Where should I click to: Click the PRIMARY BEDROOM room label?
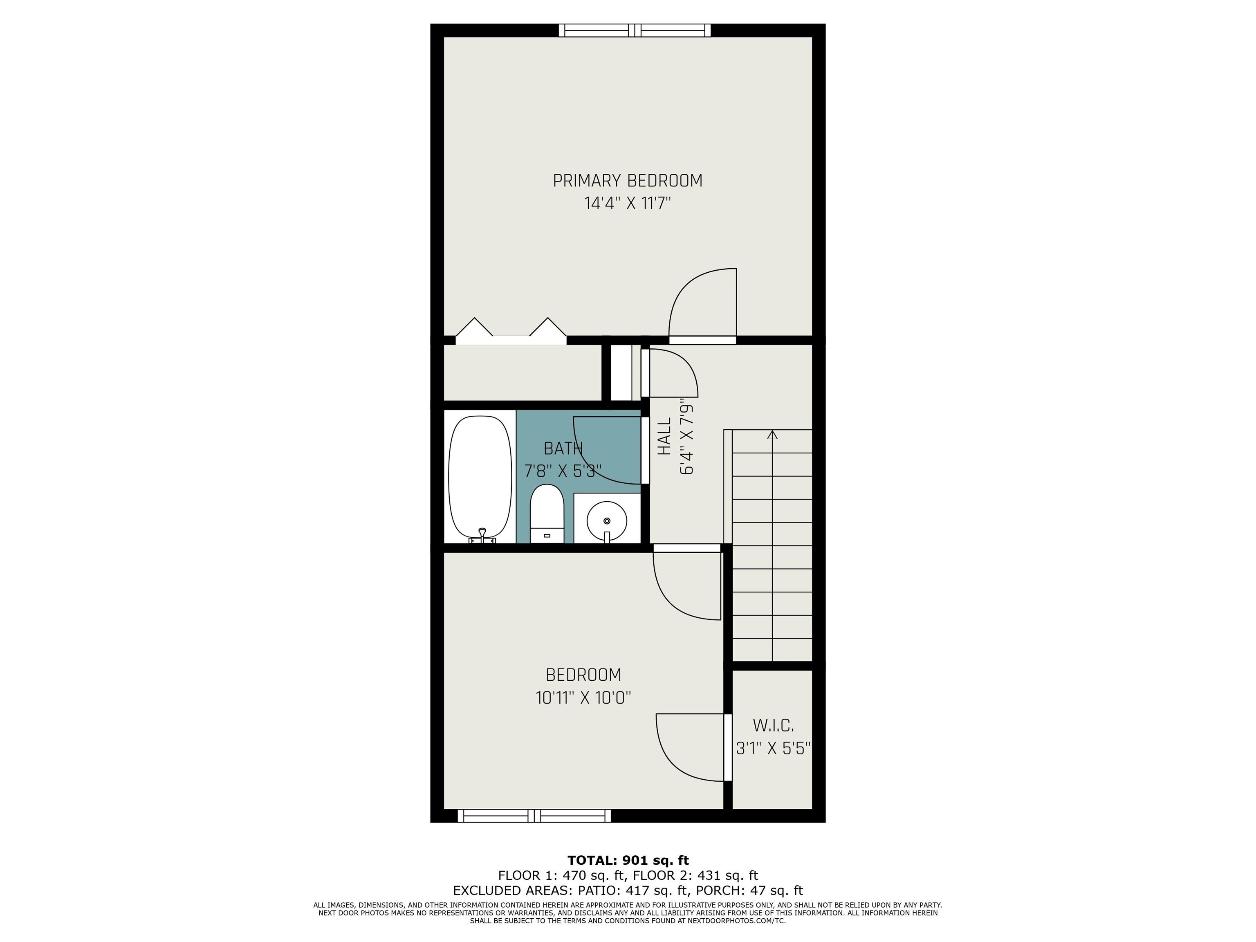pyautogui.click(x=628, y=181)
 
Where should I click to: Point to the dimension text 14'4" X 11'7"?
pyautogui.click(x=628, y=203)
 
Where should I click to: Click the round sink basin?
pyautogui.click(x=606, y=520)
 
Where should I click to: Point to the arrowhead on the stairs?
pyautogui.click(x=772, y=435)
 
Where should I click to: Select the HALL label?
pyautogui.click(x=664, y=436)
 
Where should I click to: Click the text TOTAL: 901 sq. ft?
pyautogui.click(x=628, y=860)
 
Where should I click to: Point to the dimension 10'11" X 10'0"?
pyautogui.click(x=583, y=697)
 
